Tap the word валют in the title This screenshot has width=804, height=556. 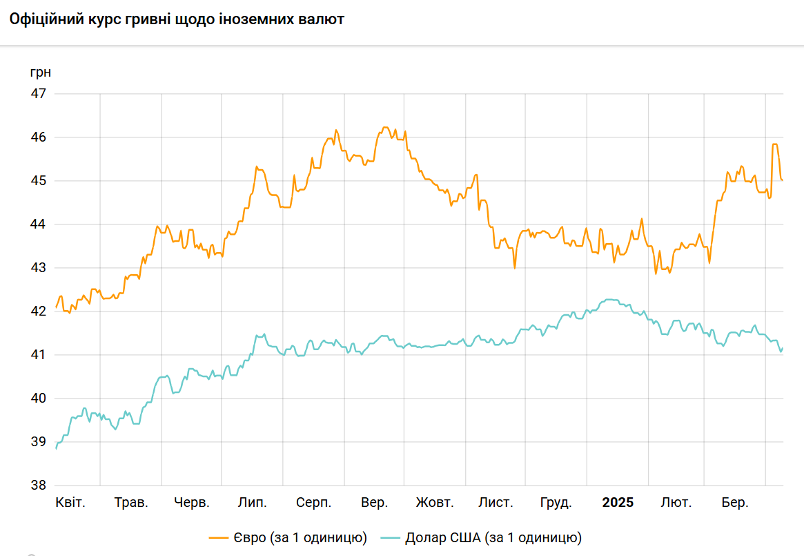[322, 19]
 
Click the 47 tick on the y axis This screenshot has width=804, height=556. [39, 93]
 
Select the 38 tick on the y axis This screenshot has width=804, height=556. [39, 486]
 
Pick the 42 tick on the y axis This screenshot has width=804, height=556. [39, 311]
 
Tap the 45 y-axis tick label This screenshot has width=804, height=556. [39, 181]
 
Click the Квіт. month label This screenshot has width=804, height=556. [70, 503]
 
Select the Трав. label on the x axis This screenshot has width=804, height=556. [131, 503]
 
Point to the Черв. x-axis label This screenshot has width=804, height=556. [192, 503]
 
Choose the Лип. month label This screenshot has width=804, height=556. [253, 503]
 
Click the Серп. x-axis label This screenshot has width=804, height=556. [314, 503]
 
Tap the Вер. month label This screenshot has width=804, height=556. [375, 503]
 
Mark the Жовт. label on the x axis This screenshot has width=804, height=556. [435, 503]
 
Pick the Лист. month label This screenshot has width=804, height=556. [496, 503]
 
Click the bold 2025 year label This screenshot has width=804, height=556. [618, 503]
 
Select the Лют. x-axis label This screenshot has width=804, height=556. [676, 503]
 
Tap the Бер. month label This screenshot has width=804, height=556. [735, 503]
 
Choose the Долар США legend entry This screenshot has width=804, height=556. [483, 537]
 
